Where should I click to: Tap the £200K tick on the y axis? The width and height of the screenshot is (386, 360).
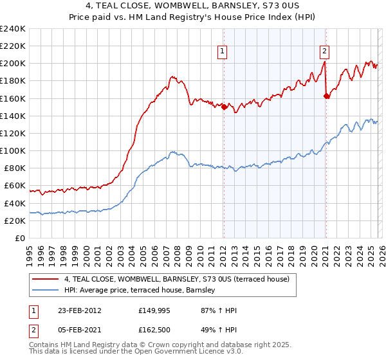pos(13,64)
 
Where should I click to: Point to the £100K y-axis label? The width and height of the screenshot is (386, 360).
pos(13,150)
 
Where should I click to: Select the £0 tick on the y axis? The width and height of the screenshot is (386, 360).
pos(20,238)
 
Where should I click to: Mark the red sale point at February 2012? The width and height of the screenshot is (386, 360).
pos(224,107)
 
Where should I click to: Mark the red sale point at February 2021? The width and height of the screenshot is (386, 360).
pos(326,96)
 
